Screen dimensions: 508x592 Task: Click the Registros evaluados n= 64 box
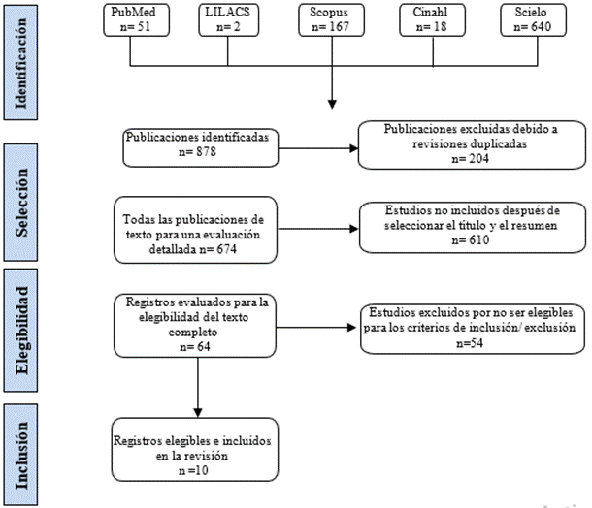point(195,324)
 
